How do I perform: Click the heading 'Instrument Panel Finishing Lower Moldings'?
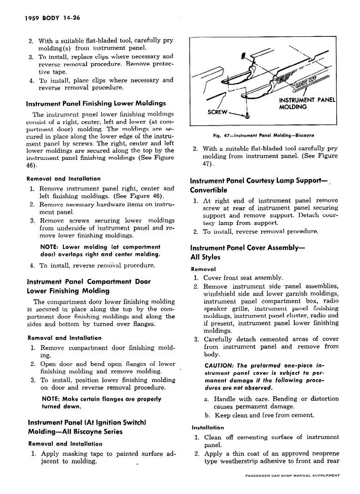tap(96, 103)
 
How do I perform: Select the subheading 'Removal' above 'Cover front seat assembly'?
tap(203, 269)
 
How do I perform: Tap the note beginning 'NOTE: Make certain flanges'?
tap(101, 402)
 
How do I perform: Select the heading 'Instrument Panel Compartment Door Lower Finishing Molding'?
tap(89, 286)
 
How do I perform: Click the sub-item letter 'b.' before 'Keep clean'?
tap(207, 415)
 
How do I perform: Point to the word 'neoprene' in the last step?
tap(322, 453)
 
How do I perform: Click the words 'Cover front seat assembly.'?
tap(243, 277)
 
